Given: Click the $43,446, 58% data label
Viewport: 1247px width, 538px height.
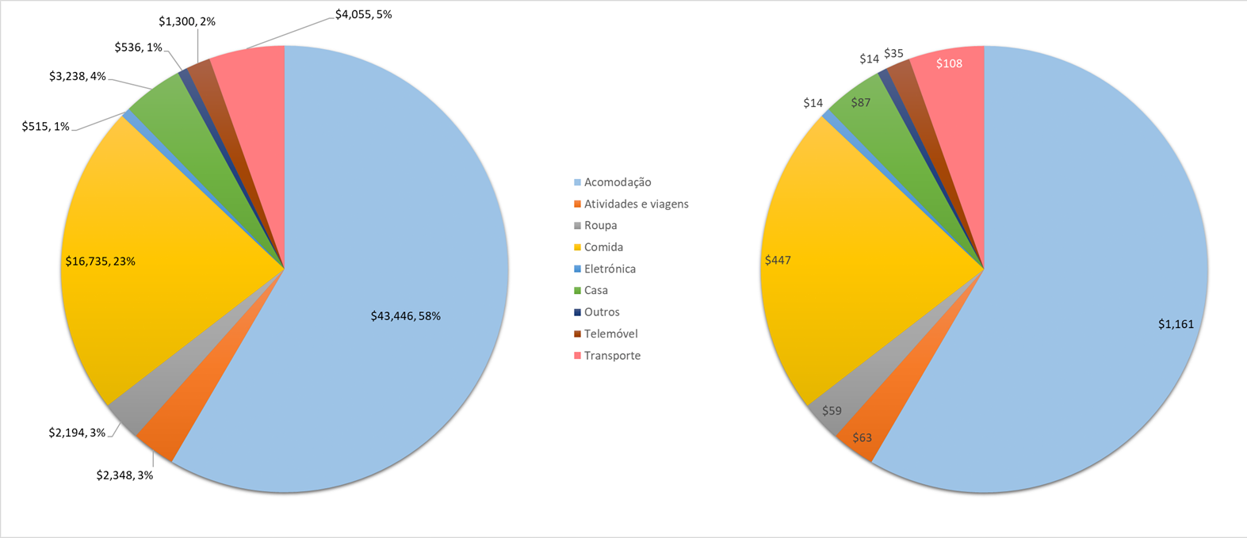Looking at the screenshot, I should (405, 316).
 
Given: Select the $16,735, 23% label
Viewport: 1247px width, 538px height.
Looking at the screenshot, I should (100, 261).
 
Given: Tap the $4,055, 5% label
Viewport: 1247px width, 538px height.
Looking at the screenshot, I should (363, 14).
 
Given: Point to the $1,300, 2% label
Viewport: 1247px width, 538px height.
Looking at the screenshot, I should (187, 21).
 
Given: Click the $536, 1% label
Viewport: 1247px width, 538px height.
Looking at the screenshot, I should (138, 48).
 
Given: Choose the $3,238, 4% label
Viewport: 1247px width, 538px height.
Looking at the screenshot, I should (78, 76).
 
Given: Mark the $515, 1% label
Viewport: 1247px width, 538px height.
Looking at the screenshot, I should (46, 126).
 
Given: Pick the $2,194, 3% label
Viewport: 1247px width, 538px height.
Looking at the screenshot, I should (77, 433).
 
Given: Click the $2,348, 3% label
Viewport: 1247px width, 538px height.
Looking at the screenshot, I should (124, 475).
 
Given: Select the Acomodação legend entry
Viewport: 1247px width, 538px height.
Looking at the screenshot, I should (617, 182).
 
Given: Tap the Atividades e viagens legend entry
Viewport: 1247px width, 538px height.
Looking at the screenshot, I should (636, 204).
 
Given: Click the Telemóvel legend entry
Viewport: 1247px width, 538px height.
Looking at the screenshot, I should (610, 334).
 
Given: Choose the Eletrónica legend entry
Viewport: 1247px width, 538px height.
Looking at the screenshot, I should (610, 269).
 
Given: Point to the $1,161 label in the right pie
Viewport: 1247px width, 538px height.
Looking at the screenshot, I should (1176, 324).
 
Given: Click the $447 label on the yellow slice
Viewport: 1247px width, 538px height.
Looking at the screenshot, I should (778, 260).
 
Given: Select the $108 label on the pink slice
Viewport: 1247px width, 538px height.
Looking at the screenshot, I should (949, 63).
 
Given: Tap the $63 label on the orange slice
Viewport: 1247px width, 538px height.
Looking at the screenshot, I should (862, 437).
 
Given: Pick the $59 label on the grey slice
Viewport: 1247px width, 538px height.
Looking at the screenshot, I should (832, 410).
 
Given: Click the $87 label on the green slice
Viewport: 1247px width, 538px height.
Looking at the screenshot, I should (861, 102).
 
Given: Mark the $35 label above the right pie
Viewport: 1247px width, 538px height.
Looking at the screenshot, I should (893, 54).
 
